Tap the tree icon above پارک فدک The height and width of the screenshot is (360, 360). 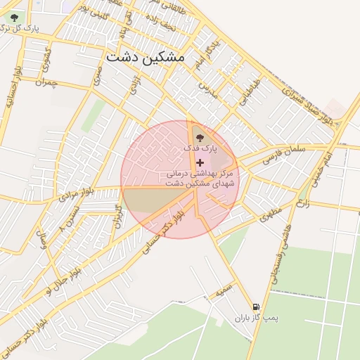pyautogui.click(x=200, y=137)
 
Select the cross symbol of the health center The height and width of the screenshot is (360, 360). pyautogui.click(x=200, y=162)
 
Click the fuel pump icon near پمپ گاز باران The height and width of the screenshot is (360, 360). pyautogui.click(x=256, y=307)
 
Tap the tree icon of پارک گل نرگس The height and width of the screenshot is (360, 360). pyautogui.click(x=15, y=18)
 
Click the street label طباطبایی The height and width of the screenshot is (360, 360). pyautogui.click(x=248, y=92)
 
